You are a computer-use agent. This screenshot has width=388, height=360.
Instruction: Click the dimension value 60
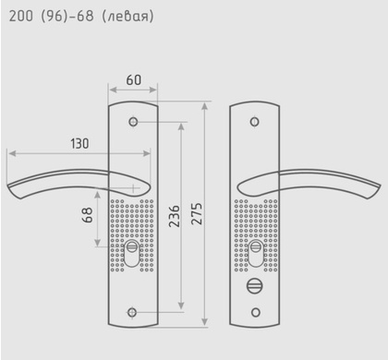[134, 80]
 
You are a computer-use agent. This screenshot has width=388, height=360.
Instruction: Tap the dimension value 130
[79, 144]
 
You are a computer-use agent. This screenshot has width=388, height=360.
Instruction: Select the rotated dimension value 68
[88, 215]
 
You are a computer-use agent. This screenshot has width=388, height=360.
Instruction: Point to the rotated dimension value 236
[175, 216]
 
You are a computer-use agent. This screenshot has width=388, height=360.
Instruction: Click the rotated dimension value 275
[197, 213]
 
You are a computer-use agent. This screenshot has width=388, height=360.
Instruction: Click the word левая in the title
[127, 16]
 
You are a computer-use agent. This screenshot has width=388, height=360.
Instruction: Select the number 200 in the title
[20, 16]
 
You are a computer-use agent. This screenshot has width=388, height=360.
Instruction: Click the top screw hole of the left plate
[133, 122]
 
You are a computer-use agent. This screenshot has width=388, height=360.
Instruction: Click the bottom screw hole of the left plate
[132, 312]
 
